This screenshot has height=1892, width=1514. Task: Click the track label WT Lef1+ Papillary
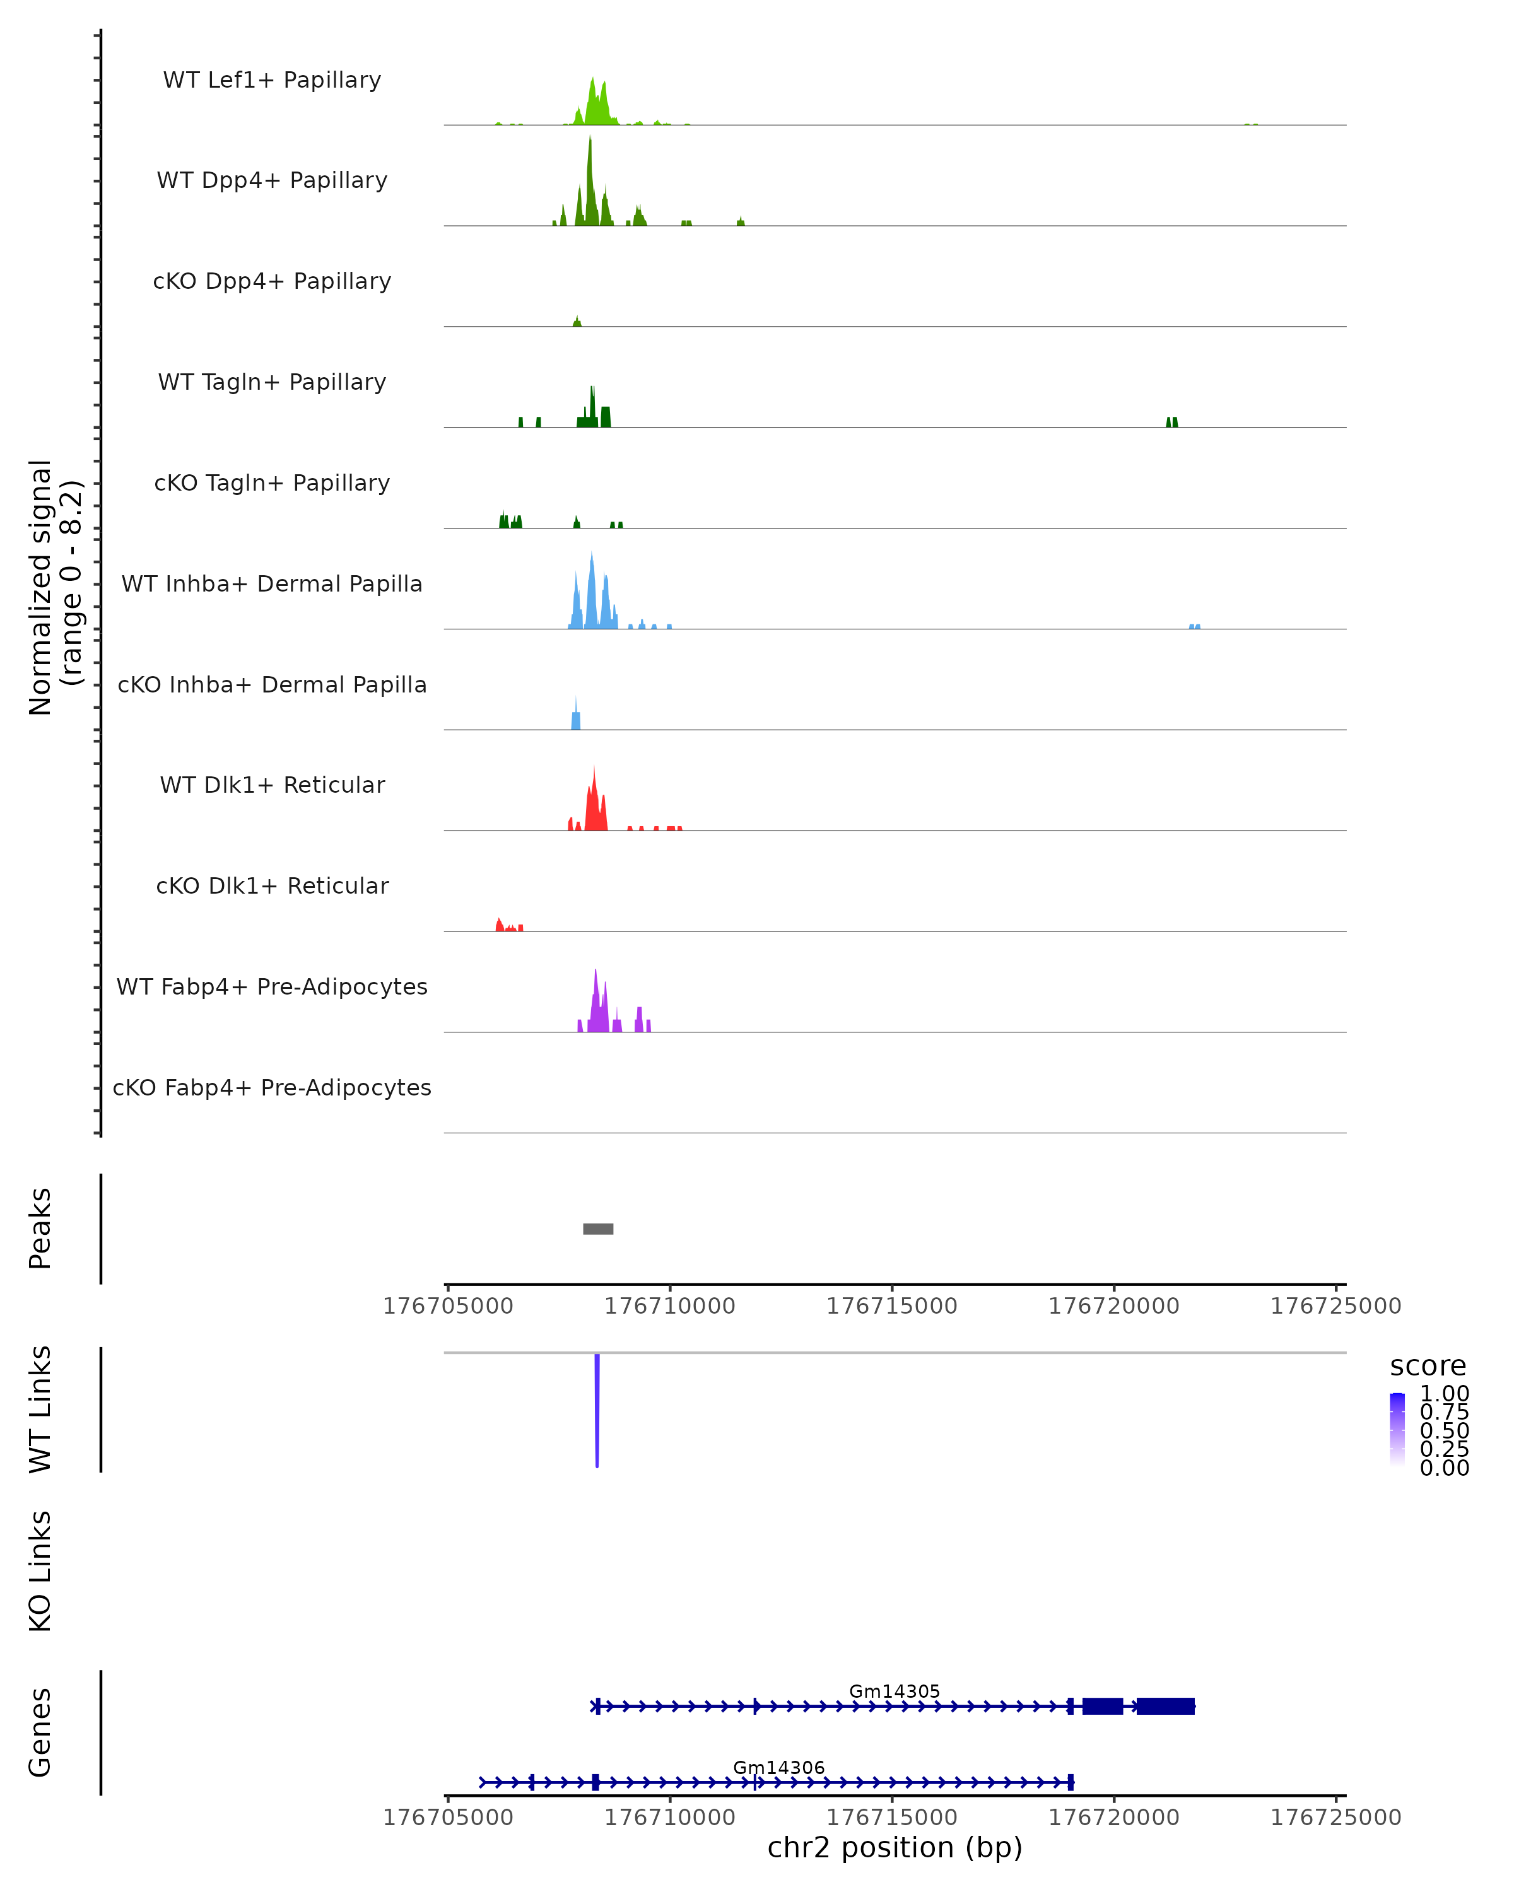pos(272,80)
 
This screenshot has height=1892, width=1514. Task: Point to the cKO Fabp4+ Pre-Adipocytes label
pos(272,1087)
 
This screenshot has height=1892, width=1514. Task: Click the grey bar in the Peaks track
pos(597,1229)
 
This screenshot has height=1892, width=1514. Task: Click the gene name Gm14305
pos(895,1691)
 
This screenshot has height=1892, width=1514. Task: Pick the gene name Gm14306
pos(778,1767)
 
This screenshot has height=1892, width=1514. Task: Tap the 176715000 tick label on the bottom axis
pos(892,1818)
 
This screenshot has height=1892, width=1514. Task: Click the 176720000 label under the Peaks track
pos(1114,1306)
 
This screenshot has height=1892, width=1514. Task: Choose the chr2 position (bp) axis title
pos(895,1848)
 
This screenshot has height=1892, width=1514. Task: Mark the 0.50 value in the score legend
pos(1444,1430)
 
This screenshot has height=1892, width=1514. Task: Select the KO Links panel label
pos(40,1571)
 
